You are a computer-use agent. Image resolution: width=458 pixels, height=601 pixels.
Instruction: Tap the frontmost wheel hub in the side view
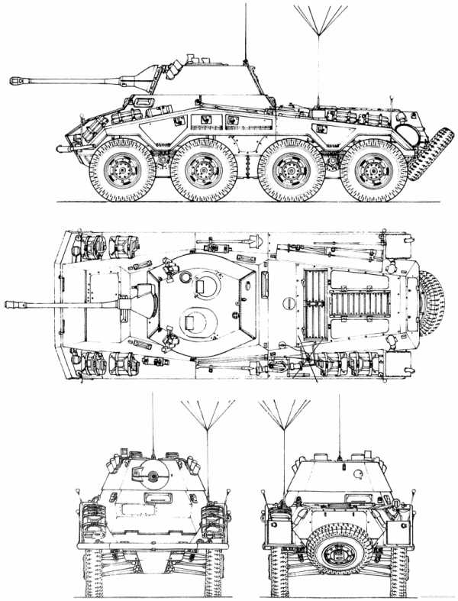[122, 169]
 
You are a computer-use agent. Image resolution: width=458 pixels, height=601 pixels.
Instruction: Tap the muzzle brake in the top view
[15, 304]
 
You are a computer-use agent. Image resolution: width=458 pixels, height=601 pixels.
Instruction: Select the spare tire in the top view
[432, 304]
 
